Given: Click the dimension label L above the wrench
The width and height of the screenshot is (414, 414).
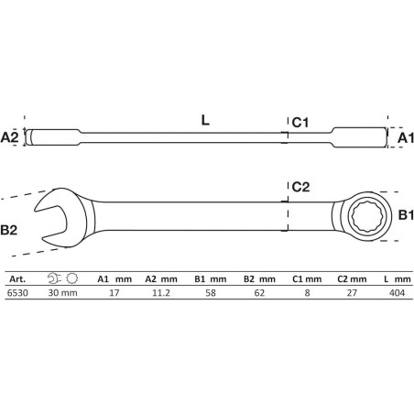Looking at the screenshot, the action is tap(205, 120).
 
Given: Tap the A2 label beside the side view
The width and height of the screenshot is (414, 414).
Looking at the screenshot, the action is tap(10, 137).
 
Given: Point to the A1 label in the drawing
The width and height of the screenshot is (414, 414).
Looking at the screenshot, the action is tap(406, 138).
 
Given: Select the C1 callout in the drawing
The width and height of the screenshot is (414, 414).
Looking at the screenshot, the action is tap(300, 122).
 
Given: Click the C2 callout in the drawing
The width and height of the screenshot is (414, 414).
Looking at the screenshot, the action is tap(300, 187).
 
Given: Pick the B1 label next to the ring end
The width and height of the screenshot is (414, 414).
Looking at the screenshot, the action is tap(406, 215).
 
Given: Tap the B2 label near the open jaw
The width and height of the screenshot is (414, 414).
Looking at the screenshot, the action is tap(9, 230).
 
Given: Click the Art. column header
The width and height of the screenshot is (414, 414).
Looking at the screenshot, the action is tap(17, 278).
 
